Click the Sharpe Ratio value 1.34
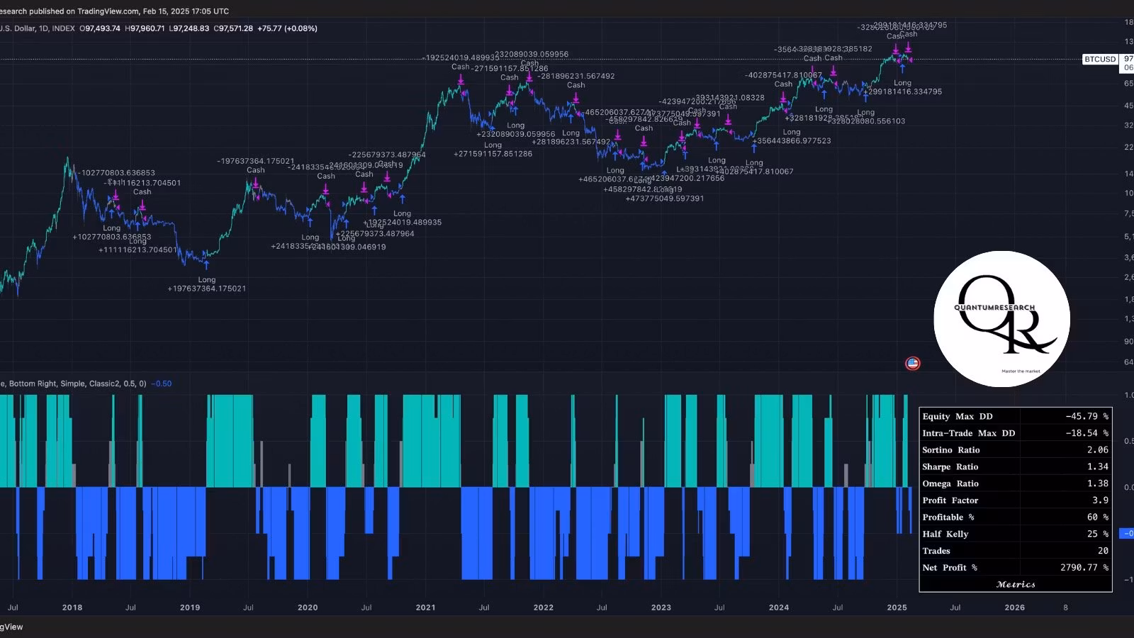[1097, 466]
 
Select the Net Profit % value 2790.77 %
[1084, 568]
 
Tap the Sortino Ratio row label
[950, 450]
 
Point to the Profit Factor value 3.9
[1100, 500]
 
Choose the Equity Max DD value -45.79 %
[1087, 417]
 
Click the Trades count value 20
[1103, 551]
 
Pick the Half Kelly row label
[945, 534]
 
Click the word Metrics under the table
[1016, 584]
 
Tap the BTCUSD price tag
[1100, 60]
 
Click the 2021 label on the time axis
[425, 608]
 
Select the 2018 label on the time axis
[72, 608]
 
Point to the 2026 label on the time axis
[1014, 608]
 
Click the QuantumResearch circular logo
[1001, 319]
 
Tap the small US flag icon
[912, 364]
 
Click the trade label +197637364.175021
[206, 289]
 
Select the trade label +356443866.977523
[792, 141]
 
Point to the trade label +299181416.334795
[902, 92]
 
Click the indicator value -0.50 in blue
[162, 384]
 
